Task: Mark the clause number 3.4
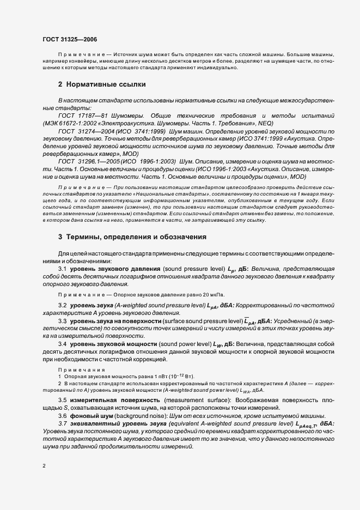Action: click(62, 345)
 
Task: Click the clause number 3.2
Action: click(62, 307)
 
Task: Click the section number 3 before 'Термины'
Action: click(60, 238)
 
